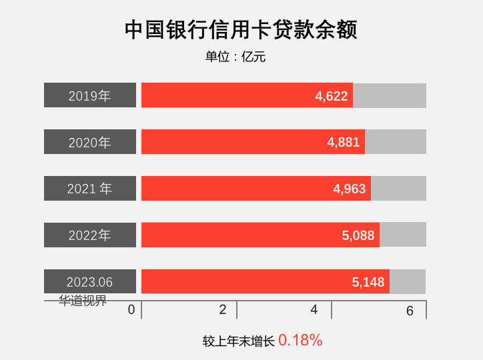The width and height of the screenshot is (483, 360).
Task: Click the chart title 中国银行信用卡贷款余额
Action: pos(241,30)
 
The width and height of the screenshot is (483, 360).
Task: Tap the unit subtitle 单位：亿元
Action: pos(235,57)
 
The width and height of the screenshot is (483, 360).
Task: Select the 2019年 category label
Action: pos(90,96)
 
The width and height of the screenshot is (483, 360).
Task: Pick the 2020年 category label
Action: pos(90,143)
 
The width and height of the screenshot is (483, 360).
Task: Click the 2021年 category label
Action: pos(90,189)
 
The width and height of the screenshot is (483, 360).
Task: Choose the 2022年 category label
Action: pos(90,235)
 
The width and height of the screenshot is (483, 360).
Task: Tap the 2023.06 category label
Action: pos(90,282)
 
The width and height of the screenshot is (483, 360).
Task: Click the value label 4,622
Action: pos(332,96)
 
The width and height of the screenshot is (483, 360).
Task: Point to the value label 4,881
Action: pos(344,142)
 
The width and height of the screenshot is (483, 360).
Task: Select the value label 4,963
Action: pos(350,189)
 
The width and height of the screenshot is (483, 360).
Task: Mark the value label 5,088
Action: pos(358,235)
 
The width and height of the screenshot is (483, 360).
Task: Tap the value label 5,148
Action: pos(368,282)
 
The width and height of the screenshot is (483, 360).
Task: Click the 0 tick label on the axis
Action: pos(131,309)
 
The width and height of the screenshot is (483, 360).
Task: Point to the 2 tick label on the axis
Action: pos(223,309)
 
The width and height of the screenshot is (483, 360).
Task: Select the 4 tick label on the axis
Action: pos(314,309)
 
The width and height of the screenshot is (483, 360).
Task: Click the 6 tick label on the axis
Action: pos(410,310)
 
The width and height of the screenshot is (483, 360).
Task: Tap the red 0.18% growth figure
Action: pos(300,340)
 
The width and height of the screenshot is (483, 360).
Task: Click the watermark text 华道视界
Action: pos(83,301)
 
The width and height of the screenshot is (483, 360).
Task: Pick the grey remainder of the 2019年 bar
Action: pos(390,95)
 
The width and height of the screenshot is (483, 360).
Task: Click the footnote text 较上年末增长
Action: pos(239,341)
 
